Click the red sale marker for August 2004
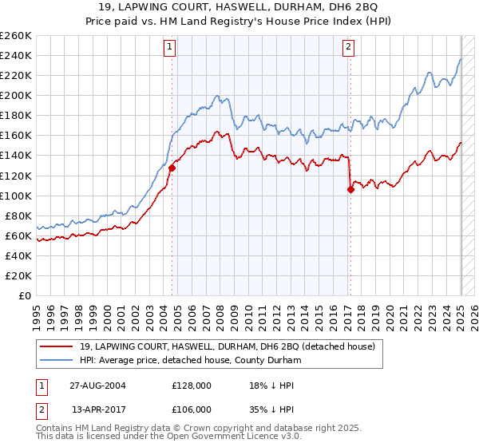[172, 168]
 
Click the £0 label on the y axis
[24, 295]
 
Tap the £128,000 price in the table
[191, 386]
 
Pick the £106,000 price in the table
[191, 409]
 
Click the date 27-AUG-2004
[98, 386]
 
